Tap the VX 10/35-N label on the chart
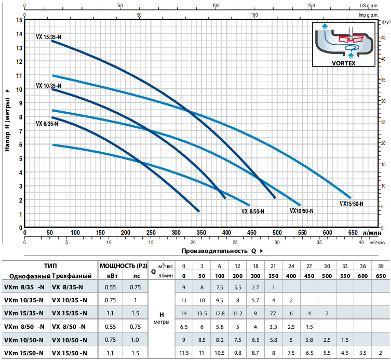pos(48,86)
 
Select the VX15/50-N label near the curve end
pos(352,204)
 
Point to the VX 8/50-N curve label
pos(253,211)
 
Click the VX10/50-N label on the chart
pos(301,211)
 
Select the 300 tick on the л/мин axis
pos(176,233)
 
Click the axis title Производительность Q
pos(211,250)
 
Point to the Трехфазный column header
pos(72,276)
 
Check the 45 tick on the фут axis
pos(383,37)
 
